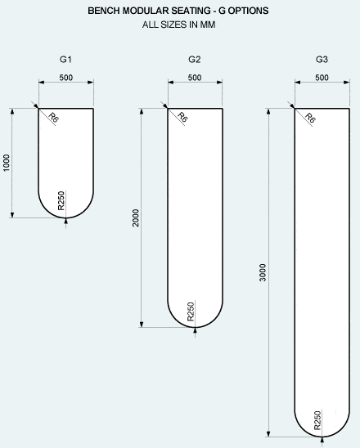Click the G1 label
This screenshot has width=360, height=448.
coord(65,60)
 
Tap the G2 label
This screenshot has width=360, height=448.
coord(195,60)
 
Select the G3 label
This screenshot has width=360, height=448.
coord(322,60)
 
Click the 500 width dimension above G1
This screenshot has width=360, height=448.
coord(66,78)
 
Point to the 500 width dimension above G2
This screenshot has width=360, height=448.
coord(195,78)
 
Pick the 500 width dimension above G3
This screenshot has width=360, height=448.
coord(322,78)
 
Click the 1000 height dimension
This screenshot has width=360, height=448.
coord(7,163)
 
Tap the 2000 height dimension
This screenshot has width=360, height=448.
coord(136,218)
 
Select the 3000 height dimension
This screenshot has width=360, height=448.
coord(262,272)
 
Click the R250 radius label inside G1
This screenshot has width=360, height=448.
coord(61,200)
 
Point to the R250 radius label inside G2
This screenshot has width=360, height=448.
coord(191,311)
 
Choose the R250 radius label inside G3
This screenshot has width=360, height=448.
coord(317,420)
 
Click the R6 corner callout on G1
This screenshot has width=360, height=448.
coord(53,118)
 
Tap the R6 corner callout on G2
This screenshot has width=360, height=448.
coord(182,118)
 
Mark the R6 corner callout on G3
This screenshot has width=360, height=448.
coord(310,118)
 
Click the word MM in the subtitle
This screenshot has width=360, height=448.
coord(208,25)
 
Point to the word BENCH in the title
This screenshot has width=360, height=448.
coord(104,11)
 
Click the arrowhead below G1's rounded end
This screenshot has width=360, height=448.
coord(66,221)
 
